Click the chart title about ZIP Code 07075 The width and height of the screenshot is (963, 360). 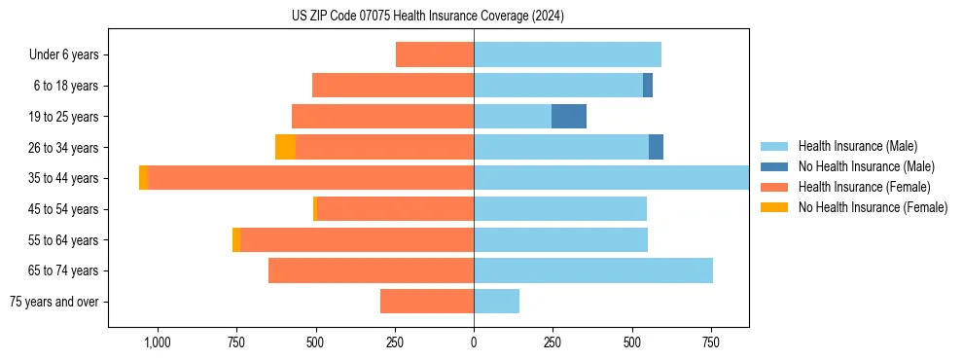point(427,16)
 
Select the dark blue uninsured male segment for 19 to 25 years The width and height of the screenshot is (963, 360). point(569,117)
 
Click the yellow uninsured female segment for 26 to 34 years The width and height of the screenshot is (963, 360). point(285,147)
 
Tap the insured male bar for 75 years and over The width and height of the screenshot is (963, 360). point(496,302)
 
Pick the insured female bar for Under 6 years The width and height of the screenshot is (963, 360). point(435,54)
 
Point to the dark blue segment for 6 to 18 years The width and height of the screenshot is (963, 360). point(648,86)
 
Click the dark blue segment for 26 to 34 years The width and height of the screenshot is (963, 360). point(656,147)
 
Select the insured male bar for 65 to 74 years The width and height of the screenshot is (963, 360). point(593,270)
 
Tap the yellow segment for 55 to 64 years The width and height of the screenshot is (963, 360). point(236,239)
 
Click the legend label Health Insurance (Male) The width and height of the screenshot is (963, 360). point(857,146)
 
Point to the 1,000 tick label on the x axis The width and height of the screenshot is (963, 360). point(158,342)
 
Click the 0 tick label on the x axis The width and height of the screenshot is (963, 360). point(474,342)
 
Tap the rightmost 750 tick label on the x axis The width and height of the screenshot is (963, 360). point(711,342)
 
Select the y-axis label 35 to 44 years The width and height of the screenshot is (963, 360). point(64,178)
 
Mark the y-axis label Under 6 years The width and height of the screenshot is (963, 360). point(64,54)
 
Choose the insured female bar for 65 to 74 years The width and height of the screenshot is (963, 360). point(371,270)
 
